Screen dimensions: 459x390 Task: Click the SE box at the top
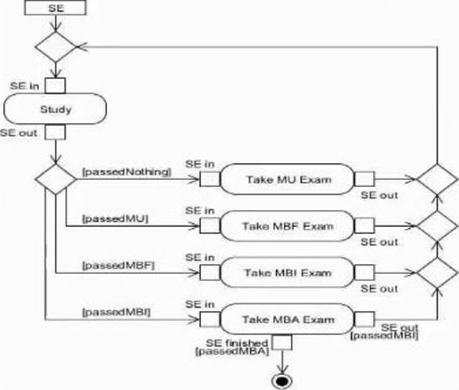click(56, 8)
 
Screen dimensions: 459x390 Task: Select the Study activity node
click(55, 109)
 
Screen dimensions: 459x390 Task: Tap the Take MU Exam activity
click(287, 179)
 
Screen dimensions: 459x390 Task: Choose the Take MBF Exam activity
click(287, 226)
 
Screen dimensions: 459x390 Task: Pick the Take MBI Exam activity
click(287, 273)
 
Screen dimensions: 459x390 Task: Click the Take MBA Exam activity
click(287, 320)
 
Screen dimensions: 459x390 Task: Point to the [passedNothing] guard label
click(127, 172)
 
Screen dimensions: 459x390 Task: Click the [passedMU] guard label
click(115, 218)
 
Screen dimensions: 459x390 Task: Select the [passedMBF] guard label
click(118, 265)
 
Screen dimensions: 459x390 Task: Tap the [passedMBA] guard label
click(231, 352)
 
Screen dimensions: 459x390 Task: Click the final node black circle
click(282, 381)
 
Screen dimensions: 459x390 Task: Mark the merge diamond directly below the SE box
click(56, 47)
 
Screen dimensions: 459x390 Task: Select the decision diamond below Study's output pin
click(56, 179)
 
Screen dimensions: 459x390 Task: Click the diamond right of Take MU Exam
click(437, 179)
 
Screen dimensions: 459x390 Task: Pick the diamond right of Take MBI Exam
click(437, 273)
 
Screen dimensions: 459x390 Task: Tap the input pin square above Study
click(56, 85)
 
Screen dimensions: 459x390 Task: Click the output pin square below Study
click(56, 132)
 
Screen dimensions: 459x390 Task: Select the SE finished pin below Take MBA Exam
click(282, 342)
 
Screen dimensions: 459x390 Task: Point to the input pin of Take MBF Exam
click(210, 226)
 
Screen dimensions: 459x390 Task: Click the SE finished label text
click(237, 343)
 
